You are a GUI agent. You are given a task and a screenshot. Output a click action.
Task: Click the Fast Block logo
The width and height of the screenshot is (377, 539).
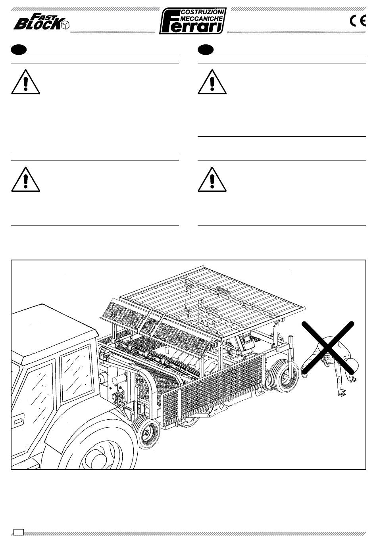(41, 22)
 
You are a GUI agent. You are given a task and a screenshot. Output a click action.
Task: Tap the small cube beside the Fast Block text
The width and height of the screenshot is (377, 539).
(65, 25)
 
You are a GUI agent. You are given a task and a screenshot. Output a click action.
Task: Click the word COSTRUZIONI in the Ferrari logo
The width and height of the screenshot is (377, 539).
(203, 12)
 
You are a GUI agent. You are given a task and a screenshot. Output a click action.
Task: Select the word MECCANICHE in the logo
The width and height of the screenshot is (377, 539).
(202, 19)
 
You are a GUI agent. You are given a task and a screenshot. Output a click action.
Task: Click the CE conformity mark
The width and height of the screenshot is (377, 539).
(358, 21)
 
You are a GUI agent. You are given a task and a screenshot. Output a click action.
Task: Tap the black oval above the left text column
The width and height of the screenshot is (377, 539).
(19, 50)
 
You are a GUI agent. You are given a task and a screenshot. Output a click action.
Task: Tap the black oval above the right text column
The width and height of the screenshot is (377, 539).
(206, 50)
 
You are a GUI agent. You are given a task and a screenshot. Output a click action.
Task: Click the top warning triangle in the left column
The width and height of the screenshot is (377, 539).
(25, 82)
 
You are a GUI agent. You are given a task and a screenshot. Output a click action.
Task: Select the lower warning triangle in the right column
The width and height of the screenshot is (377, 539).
(212, 180)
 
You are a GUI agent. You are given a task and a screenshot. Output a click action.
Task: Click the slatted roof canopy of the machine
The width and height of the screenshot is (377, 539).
(212, 302)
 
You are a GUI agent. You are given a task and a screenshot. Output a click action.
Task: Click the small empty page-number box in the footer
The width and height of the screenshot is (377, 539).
(19, 532)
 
